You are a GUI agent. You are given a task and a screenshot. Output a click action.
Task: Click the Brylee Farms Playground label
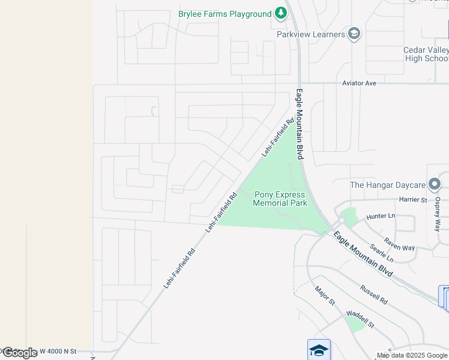[225, 14]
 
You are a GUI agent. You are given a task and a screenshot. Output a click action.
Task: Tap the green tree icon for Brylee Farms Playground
[280, 13]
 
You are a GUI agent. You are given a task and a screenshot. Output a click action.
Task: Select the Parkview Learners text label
[311, 34]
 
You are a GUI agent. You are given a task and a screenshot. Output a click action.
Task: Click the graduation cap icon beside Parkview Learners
[354, 34]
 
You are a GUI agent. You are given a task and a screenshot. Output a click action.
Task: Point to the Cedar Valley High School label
[426, 54]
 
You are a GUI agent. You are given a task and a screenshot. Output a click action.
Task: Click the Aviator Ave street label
[359, 83]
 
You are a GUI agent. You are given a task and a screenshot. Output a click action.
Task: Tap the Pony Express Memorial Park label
[280, 199]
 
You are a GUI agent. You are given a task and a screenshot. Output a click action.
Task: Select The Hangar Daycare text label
[388, 185]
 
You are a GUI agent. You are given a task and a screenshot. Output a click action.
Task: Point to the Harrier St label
[414, 199]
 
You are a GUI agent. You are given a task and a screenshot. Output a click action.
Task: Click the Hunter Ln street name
[381, 216]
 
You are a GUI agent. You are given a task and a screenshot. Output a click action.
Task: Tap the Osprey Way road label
[438, 214]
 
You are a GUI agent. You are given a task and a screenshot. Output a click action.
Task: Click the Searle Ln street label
[382, 253]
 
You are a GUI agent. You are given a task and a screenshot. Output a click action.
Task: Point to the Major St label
[324, 296]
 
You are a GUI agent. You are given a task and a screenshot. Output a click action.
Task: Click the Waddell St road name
[360, 319]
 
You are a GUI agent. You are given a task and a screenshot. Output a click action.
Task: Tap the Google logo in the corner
[20, 353]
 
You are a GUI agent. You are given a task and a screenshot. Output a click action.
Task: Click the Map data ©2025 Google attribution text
[412, 355]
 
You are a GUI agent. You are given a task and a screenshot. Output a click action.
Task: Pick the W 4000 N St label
[58, 351]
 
